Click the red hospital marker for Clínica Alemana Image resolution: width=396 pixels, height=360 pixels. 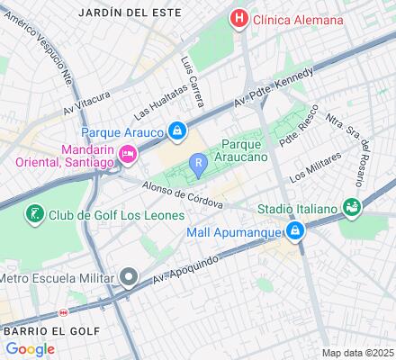(x=239, y=18)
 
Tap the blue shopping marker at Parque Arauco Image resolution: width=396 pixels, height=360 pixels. (x=178, y=132)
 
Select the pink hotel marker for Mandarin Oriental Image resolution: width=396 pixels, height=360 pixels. (x=128, y=156)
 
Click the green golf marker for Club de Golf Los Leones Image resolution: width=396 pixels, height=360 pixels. (x=34, y=214)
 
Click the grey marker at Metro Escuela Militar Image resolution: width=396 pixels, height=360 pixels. (x=130, y=276)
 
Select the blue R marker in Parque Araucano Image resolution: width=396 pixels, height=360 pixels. (x=197, y=163)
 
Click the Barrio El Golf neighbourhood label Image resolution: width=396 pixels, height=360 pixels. (x=33, y=330)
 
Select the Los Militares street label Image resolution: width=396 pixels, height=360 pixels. (x=316, y=167)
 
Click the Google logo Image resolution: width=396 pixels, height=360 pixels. (x=30, y=349)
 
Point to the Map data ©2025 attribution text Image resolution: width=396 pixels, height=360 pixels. (x=358, y=353)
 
